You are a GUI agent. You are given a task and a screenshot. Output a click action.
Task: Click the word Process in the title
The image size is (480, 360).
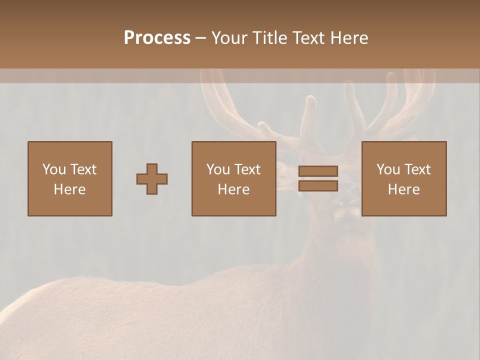point(157,38)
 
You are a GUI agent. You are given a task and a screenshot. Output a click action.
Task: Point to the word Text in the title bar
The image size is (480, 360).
point(309,38)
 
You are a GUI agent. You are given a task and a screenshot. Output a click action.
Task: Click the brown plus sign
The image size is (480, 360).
point(152,179)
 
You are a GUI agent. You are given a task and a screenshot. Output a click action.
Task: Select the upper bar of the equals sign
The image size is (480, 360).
point(318,171)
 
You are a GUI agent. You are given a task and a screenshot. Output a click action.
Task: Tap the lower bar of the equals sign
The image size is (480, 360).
point(318,186)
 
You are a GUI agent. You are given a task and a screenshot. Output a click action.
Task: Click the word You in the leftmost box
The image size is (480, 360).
point(53,169)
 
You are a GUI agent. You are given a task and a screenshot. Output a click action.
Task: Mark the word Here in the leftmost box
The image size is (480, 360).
point(69,189)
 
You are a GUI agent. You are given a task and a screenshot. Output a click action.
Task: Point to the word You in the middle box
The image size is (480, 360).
point(217,169)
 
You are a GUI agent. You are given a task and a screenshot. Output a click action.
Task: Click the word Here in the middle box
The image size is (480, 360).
point(233,189)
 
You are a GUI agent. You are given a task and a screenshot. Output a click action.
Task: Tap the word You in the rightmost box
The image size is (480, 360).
point(387,169)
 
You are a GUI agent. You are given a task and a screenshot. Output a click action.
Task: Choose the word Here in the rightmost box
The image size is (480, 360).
point(403,189)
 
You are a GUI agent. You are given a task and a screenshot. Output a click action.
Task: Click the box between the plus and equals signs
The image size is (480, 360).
point(233,205)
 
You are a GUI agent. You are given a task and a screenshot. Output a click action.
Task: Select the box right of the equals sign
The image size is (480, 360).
point(403,205)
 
